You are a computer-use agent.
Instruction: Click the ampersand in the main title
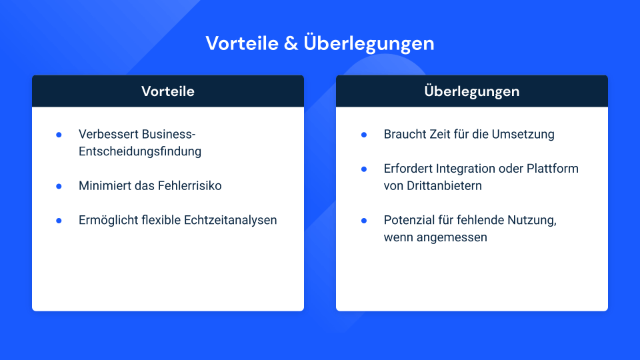[291, 43]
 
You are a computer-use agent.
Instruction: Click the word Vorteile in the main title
[242, 43]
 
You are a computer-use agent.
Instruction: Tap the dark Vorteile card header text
[168, 91]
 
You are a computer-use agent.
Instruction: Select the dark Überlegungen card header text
[472, 91]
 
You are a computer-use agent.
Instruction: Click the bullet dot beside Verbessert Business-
[59, 135]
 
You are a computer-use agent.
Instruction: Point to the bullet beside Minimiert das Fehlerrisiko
[59, 186]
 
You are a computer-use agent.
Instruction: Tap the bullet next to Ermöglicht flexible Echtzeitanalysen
[59, 221]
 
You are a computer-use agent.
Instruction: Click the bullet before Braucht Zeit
[364, 135]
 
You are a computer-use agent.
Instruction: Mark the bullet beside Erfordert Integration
[364, 169]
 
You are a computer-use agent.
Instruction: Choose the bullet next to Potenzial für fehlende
[364, 221]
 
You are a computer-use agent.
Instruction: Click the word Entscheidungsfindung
[140, 151]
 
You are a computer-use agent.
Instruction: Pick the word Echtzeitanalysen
[230, 220]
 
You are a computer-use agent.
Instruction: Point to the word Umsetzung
[523, 134]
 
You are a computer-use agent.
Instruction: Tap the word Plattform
[552, 169]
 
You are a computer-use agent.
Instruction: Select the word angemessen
[452, 237]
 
